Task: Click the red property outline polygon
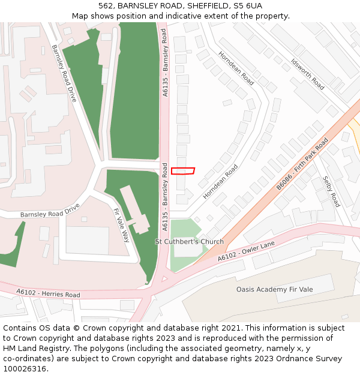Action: pos(183,171)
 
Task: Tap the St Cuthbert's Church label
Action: pos(189,242)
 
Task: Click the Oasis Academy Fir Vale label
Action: pos(274,289)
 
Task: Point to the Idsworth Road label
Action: pos(307,74)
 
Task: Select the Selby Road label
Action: pos(331,191)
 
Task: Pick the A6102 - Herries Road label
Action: pos(48,293)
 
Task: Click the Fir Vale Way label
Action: pos(121,225)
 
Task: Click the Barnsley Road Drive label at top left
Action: pos(64,73)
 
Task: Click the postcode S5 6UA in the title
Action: pos(249,6)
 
